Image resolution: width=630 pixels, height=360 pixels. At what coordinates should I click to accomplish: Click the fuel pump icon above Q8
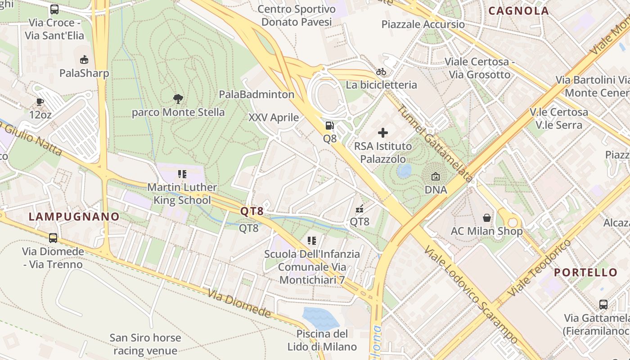point(330,126)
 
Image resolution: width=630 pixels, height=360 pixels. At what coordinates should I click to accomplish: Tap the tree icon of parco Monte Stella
point(178,99)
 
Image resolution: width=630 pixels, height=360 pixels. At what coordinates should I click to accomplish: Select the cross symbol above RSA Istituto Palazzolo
point(383,133)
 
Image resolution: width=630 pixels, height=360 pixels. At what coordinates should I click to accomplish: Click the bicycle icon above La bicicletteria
point(381,72)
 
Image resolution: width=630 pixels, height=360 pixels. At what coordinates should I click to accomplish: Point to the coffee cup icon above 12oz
point(40,102)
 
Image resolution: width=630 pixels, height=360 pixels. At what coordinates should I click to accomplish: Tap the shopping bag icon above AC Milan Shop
point(487,218)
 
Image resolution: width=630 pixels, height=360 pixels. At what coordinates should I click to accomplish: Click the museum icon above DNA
point(436,177)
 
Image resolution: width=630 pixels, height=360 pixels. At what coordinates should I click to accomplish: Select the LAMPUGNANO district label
point(74,216)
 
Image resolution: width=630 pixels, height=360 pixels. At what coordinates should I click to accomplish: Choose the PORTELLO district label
point(585,272)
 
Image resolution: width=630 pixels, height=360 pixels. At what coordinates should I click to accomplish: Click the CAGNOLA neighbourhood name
point(518,11)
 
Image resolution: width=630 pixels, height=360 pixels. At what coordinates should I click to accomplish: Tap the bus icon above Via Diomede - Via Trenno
point(53,238)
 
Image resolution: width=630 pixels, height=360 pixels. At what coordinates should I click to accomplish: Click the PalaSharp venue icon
point(84,60)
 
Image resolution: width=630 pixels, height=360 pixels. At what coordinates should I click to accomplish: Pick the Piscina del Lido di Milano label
point(322,340)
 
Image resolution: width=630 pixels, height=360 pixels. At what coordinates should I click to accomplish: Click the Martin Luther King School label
point(182,194)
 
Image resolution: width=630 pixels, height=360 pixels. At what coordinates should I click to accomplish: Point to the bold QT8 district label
point(252,211)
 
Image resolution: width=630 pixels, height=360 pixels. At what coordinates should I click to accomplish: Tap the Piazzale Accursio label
point(423,24)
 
